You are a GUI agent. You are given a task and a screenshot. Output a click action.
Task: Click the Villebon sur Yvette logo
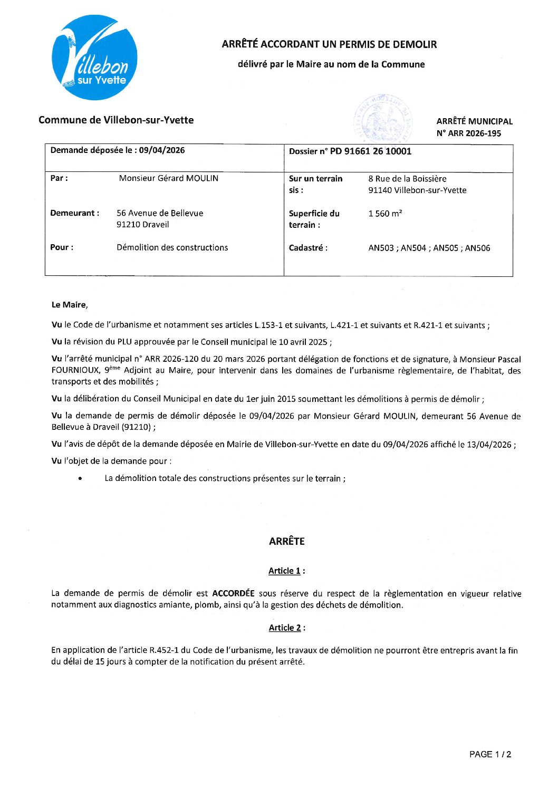point(95,57)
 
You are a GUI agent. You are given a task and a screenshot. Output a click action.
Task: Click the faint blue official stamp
point(383,119)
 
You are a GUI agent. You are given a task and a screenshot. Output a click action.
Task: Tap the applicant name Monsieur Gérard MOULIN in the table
point(168,178)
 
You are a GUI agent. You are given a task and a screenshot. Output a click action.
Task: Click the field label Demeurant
point(74,213)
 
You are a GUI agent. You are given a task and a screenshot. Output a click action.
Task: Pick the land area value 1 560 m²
point(385,214)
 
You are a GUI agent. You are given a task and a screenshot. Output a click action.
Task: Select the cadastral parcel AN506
point(477,248)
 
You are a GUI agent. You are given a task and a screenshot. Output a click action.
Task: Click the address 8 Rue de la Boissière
point(407,179)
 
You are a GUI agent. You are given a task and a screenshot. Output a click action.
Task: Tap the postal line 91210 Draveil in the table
point(142,225)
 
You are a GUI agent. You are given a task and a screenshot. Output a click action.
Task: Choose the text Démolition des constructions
point(172,247)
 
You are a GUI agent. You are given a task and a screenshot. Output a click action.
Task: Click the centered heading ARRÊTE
point(286,541)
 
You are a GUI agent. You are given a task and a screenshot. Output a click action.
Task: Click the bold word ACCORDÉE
point(233,593)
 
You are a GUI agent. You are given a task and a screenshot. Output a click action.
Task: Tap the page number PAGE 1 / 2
point(490,755)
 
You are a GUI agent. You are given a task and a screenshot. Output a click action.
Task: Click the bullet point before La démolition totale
point(80,479)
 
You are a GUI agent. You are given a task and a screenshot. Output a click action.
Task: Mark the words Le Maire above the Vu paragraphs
point(69,305)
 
